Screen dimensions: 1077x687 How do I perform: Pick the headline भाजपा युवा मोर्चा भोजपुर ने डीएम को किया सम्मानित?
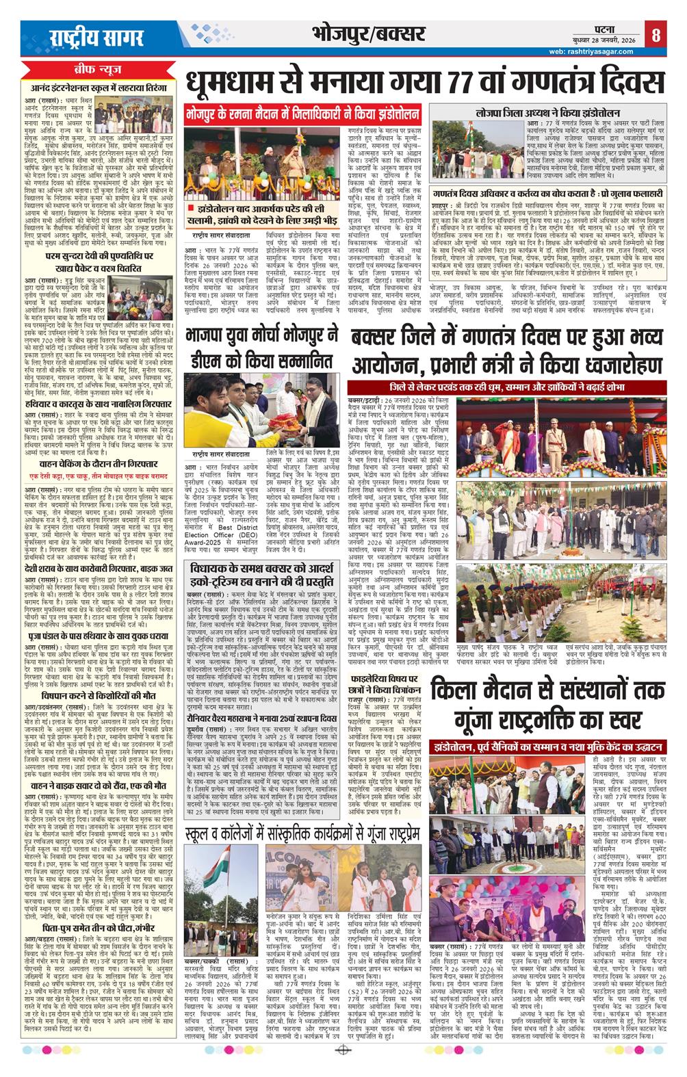coord(263,348)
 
